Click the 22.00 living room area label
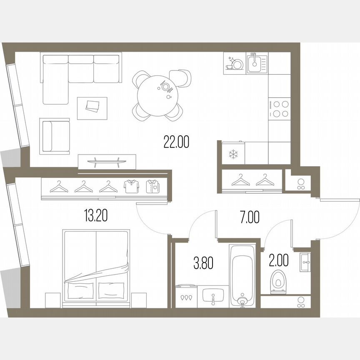click(x=176, y=142)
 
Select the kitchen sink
click(x=257, y=63)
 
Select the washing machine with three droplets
click(x=186, y=297)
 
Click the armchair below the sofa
click(x=55, y=136)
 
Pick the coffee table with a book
click(x=92, y=108)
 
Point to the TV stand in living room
click(x=107, y=161)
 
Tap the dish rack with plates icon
click(x=235, y=63)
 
